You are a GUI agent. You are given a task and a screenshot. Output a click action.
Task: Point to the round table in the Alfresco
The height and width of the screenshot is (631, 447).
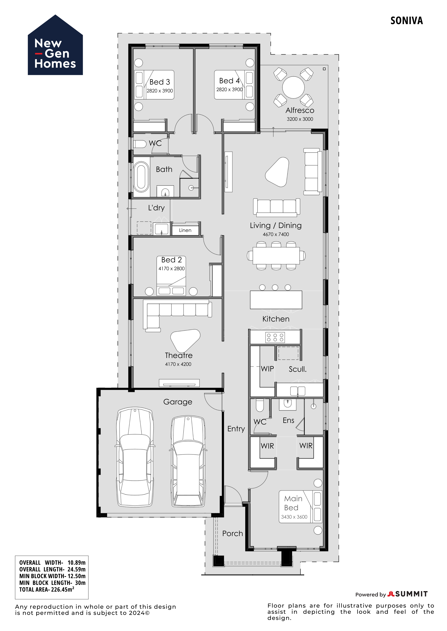(x=293, y=87)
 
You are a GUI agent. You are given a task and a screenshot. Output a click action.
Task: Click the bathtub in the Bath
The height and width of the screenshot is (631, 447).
(x=141, y=177)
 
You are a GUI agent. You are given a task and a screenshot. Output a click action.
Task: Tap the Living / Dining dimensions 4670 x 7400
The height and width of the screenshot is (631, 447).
(x=276, y=234)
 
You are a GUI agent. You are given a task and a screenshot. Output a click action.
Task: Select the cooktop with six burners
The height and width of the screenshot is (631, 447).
(x=275, y=338)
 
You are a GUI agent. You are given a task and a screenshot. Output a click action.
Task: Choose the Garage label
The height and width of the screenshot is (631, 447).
(x=178, y=402)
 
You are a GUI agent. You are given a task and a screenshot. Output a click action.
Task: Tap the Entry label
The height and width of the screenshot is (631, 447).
(x=236, y=429)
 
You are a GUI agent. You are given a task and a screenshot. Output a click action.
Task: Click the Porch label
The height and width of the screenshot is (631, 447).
(x=233, y=533)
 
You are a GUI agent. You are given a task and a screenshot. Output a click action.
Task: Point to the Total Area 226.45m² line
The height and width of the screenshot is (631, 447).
(x=47, y=589)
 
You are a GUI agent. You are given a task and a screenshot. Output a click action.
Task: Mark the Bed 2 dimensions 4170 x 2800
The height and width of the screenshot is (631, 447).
(x=172, y=269)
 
